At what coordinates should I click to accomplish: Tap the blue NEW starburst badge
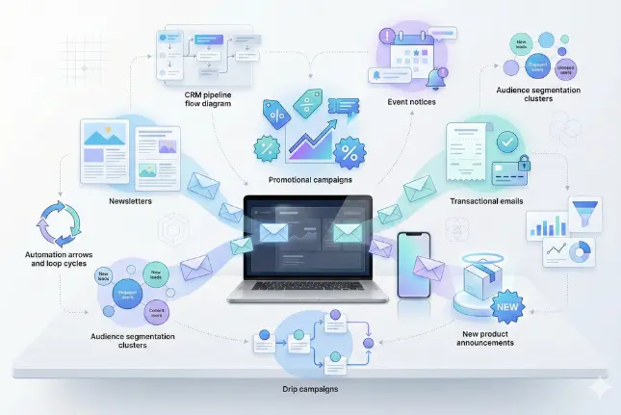505,308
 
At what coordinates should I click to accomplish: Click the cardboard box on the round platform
486,280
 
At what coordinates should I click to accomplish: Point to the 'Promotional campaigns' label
310,180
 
